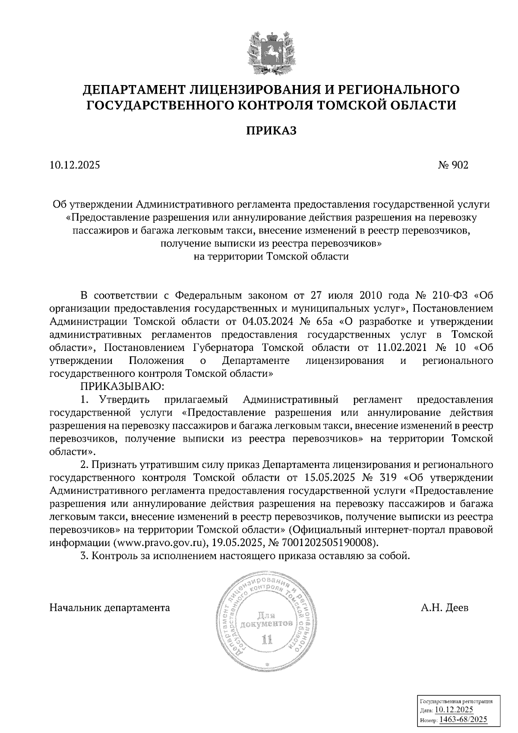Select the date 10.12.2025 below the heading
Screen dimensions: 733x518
point(75,165)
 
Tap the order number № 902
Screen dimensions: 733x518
point(452,165)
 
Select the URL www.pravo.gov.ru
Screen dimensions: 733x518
point(154,543)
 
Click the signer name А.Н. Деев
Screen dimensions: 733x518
point(445,608)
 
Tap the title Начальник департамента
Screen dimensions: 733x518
point(110,608)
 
